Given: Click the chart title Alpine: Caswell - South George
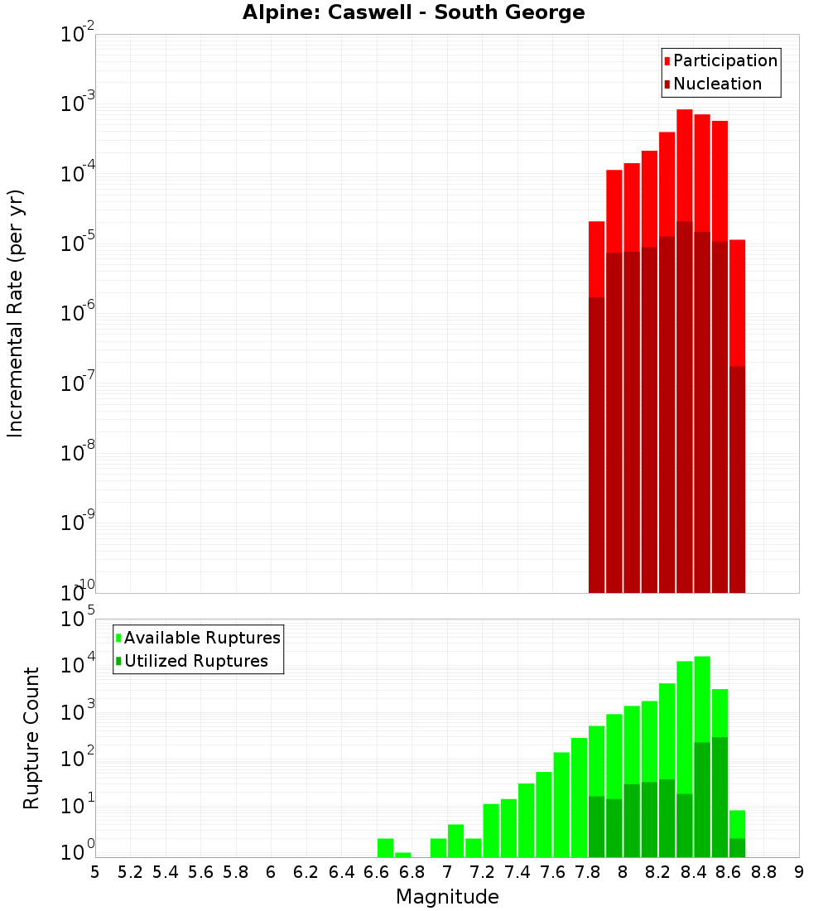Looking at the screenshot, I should (x=413, y=12).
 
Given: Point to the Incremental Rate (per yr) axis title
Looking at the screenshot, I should (x=15, y=313).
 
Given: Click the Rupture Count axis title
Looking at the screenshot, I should (x=31, y=737).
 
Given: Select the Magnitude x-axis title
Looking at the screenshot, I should (x=447, y=897).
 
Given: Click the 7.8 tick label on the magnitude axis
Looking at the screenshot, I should (x=588, y=872).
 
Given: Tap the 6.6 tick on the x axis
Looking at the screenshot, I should (x=377, y=872).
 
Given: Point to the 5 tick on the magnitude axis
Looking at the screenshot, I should (x=95, y=872).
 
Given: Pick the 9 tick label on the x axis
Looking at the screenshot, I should (x=799, y=872).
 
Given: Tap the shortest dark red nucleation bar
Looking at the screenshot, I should (x=737, y=480).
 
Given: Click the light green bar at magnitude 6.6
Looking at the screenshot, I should (x=385, y=848).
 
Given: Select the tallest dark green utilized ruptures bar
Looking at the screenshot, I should (x=720, y=795).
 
